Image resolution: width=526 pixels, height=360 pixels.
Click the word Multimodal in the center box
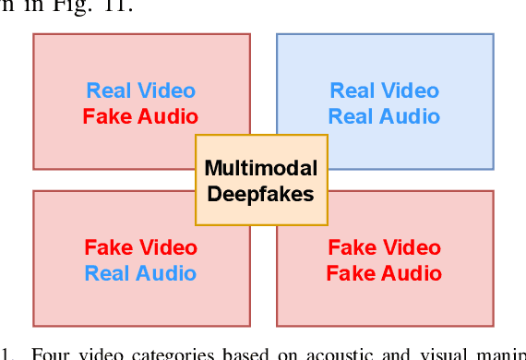click(x=261, y=169)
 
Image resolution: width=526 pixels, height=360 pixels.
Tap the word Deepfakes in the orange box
click(x=261, y=195)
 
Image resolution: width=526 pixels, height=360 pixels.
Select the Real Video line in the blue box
click(x=385, y=90)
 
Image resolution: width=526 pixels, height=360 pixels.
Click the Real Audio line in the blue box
click(x=385, y=116)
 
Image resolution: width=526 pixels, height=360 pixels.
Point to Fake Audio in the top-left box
click(x=140, y=116)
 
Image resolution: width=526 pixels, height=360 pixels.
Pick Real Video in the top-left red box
click(x=140, y=90)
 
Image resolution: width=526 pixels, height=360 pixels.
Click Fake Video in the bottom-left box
click(x=140, y=247)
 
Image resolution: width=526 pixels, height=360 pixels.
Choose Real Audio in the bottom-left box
click(x=140, y=273)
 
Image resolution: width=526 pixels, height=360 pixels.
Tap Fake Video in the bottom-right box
click(x=385, y=247)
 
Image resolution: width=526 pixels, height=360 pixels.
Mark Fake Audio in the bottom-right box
click(x=385, y=273)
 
